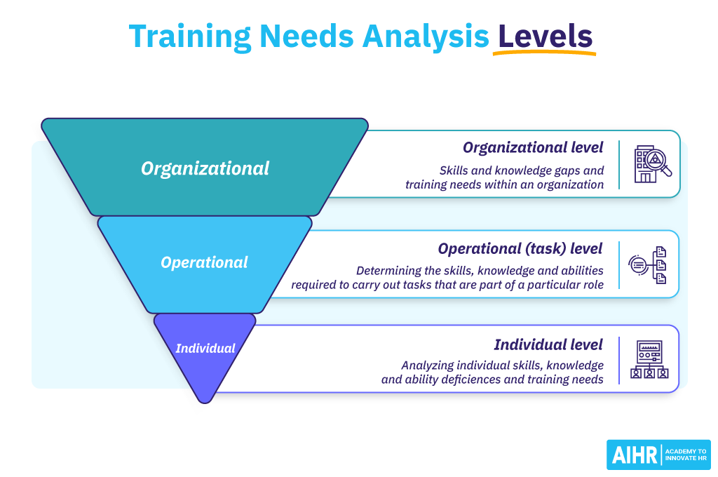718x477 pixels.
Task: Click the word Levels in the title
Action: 545,36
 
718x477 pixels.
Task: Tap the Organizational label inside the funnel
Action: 205,168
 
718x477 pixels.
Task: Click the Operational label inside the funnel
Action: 204,262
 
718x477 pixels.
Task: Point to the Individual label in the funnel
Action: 205,348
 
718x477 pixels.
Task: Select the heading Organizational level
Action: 533,148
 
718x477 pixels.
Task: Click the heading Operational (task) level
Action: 520,248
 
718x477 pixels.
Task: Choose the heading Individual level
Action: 548,344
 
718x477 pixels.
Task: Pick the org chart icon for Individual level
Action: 649,360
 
